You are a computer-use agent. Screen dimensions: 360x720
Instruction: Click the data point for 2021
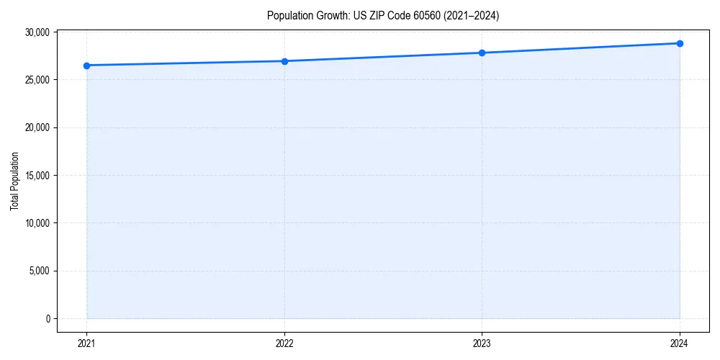(x=87, y=66)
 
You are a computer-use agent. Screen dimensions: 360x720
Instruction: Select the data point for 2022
(x=284, y=61)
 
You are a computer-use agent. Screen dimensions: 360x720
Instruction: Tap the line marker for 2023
(x=482, y=53)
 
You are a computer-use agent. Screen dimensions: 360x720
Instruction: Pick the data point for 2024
(x=680, y=43)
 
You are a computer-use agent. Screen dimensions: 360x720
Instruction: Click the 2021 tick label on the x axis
(x=87, y=343)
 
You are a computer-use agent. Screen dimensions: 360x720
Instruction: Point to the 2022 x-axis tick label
(x=284, y=343)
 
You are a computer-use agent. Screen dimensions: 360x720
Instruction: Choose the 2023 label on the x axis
(x=482, y=343)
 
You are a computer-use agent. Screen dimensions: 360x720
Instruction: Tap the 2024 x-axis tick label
(x=680, y=343)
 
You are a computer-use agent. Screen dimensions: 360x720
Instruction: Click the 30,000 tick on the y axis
(x=37, y=32)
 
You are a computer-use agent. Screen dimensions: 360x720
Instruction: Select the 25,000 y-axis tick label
(x=37, y=80)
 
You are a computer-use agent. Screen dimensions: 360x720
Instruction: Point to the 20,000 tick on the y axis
(x=37, y=128)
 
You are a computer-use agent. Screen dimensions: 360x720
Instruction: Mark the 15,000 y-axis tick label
(x=37, y=176)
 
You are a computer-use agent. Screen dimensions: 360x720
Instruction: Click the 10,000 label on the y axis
(x=37, y=223)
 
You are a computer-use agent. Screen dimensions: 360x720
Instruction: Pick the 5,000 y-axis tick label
(x=39, y=271)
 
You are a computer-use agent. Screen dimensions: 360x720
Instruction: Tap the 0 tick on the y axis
(x=48, y=319)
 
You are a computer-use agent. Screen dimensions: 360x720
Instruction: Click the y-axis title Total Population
(x=14, y=181)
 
